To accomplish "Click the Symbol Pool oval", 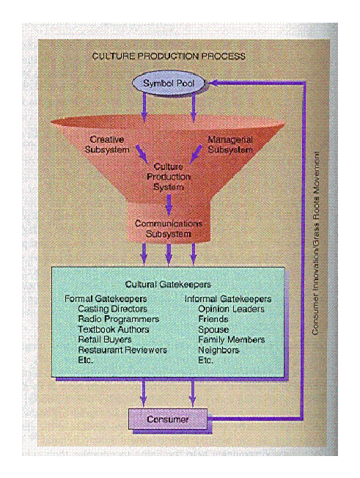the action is click(x=169, y=83).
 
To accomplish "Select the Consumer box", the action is click(x=168, y=419).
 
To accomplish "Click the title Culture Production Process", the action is click(x=169, y=56).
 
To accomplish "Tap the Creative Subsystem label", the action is click(x=107, y=144).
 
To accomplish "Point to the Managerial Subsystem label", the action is click(x=230, y=144).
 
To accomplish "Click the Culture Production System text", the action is click(x=169, y=177).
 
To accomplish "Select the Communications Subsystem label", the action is click(x=169, y=229).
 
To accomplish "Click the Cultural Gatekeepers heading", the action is click(x=168, y=284).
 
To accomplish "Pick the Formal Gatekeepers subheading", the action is click(x=106, y=299).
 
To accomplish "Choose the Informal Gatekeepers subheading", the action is click(x=228, y=299).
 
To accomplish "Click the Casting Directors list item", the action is click(x=112, y=309).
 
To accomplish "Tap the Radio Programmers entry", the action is click(x=119, y=319).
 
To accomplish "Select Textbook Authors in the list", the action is click(x=114, y=329).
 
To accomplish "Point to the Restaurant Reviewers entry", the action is click(x=122, y=350).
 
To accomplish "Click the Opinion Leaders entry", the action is click(x=231, y=309).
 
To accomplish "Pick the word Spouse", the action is click(x=213, y=329).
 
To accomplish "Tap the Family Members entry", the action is click(x=232, y=339).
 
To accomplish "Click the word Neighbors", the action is click(x=218, y=350).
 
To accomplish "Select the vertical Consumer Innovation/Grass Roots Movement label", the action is click(x=316, y=243).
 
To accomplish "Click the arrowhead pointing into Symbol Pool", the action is click(x=211, y=83).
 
